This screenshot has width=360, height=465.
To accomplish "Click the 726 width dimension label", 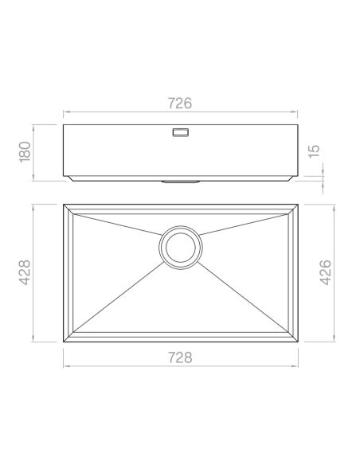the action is tap(180, 104).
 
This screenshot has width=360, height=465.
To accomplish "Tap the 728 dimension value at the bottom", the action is tap(180, 358).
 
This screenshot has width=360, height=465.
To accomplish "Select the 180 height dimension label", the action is tap(25, 152).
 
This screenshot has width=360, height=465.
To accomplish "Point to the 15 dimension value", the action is tap(315, 151).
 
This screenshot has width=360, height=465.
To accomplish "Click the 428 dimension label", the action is tap(25, 272).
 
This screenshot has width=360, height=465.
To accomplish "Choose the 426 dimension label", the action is tap(326, 272).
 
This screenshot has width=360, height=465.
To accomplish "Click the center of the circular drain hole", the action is tap(181, 248).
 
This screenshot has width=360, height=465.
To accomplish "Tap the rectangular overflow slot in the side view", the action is tap(181, 132).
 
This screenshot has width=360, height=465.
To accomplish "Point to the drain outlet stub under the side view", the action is tap(180, 182).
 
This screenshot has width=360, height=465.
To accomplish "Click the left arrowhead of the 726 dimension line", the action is tap(65, 111).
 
